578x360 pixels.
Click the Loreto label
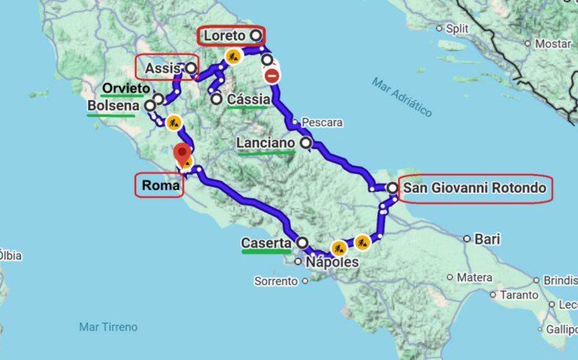[224, 35]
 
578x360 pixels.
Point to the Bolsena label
[113, 107]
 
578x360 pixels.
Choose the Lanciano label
[266, 142]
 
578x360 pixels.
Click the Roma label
[159, 185]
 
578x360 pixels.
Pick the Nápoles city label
[332, 263]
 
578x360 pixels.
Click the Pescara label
[322, 122]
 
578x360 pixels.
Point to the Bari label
[487, 239]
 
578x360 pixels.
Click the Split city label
[457, 29]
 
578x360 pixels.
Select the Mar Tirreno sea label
[108, 327]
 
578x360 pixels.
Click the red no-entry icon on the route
[272, 75]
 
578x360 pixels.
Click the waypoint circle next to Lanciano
[306, 142]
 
